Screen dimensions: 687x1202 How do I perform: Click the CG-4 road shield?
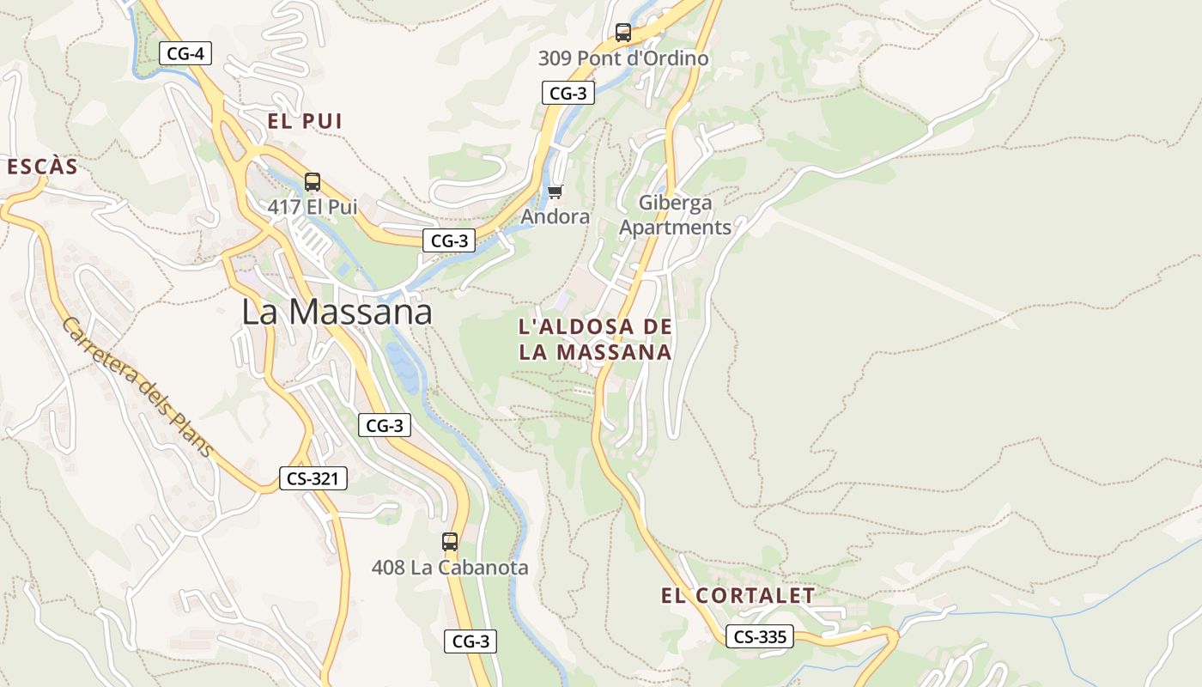(x=185, y=53)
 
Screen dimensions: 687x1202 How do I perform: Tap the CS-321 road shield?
(x=313, y=478)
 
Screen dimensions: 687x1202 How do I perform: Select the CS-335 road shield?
(x=760, y=636)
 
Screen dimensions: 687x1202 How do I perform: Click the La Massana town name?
(x=337, y=312)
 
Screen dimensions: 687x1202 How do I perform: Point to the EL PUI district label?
(x=305, y=121)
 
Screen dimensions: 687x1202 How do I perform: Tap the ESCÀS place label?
(x=42, y=167)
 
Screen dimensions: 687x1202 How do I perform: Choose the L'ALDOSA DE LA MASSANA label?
(x=595, y=339)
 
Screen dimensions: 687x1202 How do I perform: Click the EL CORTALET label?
(x=738, y=595)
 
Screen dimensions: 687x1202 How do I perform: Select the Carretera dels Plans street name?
(x=137, y=387)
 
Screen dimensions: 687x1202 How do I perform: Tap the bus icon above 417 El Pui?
(x=313, y=182)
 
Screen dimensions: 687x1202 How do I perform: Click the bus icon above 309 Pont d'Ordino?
(x=623, y=33)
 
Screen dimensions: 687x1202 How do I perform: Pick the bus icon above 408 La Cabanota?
(x=450, y=542)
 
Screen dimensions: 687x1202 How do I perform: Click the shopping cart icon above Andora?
(x=555, y=192)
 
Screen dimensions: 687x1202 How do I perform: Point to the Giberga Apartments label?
(x=676, y=215)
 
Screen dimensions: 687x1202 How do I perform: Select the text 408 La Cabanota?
(x=450, y=568)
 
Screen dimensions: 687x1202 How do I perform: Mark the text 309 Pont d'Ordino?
(x=623, y=58)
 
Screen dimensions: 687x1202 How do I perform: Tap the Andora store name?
(x=555, y=216)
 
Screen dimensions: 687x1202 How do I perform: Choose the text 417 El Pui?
(x=313, y=207)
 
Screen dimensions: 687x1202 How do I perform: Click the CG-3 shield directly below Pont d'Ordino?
(x=568, y=93)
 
